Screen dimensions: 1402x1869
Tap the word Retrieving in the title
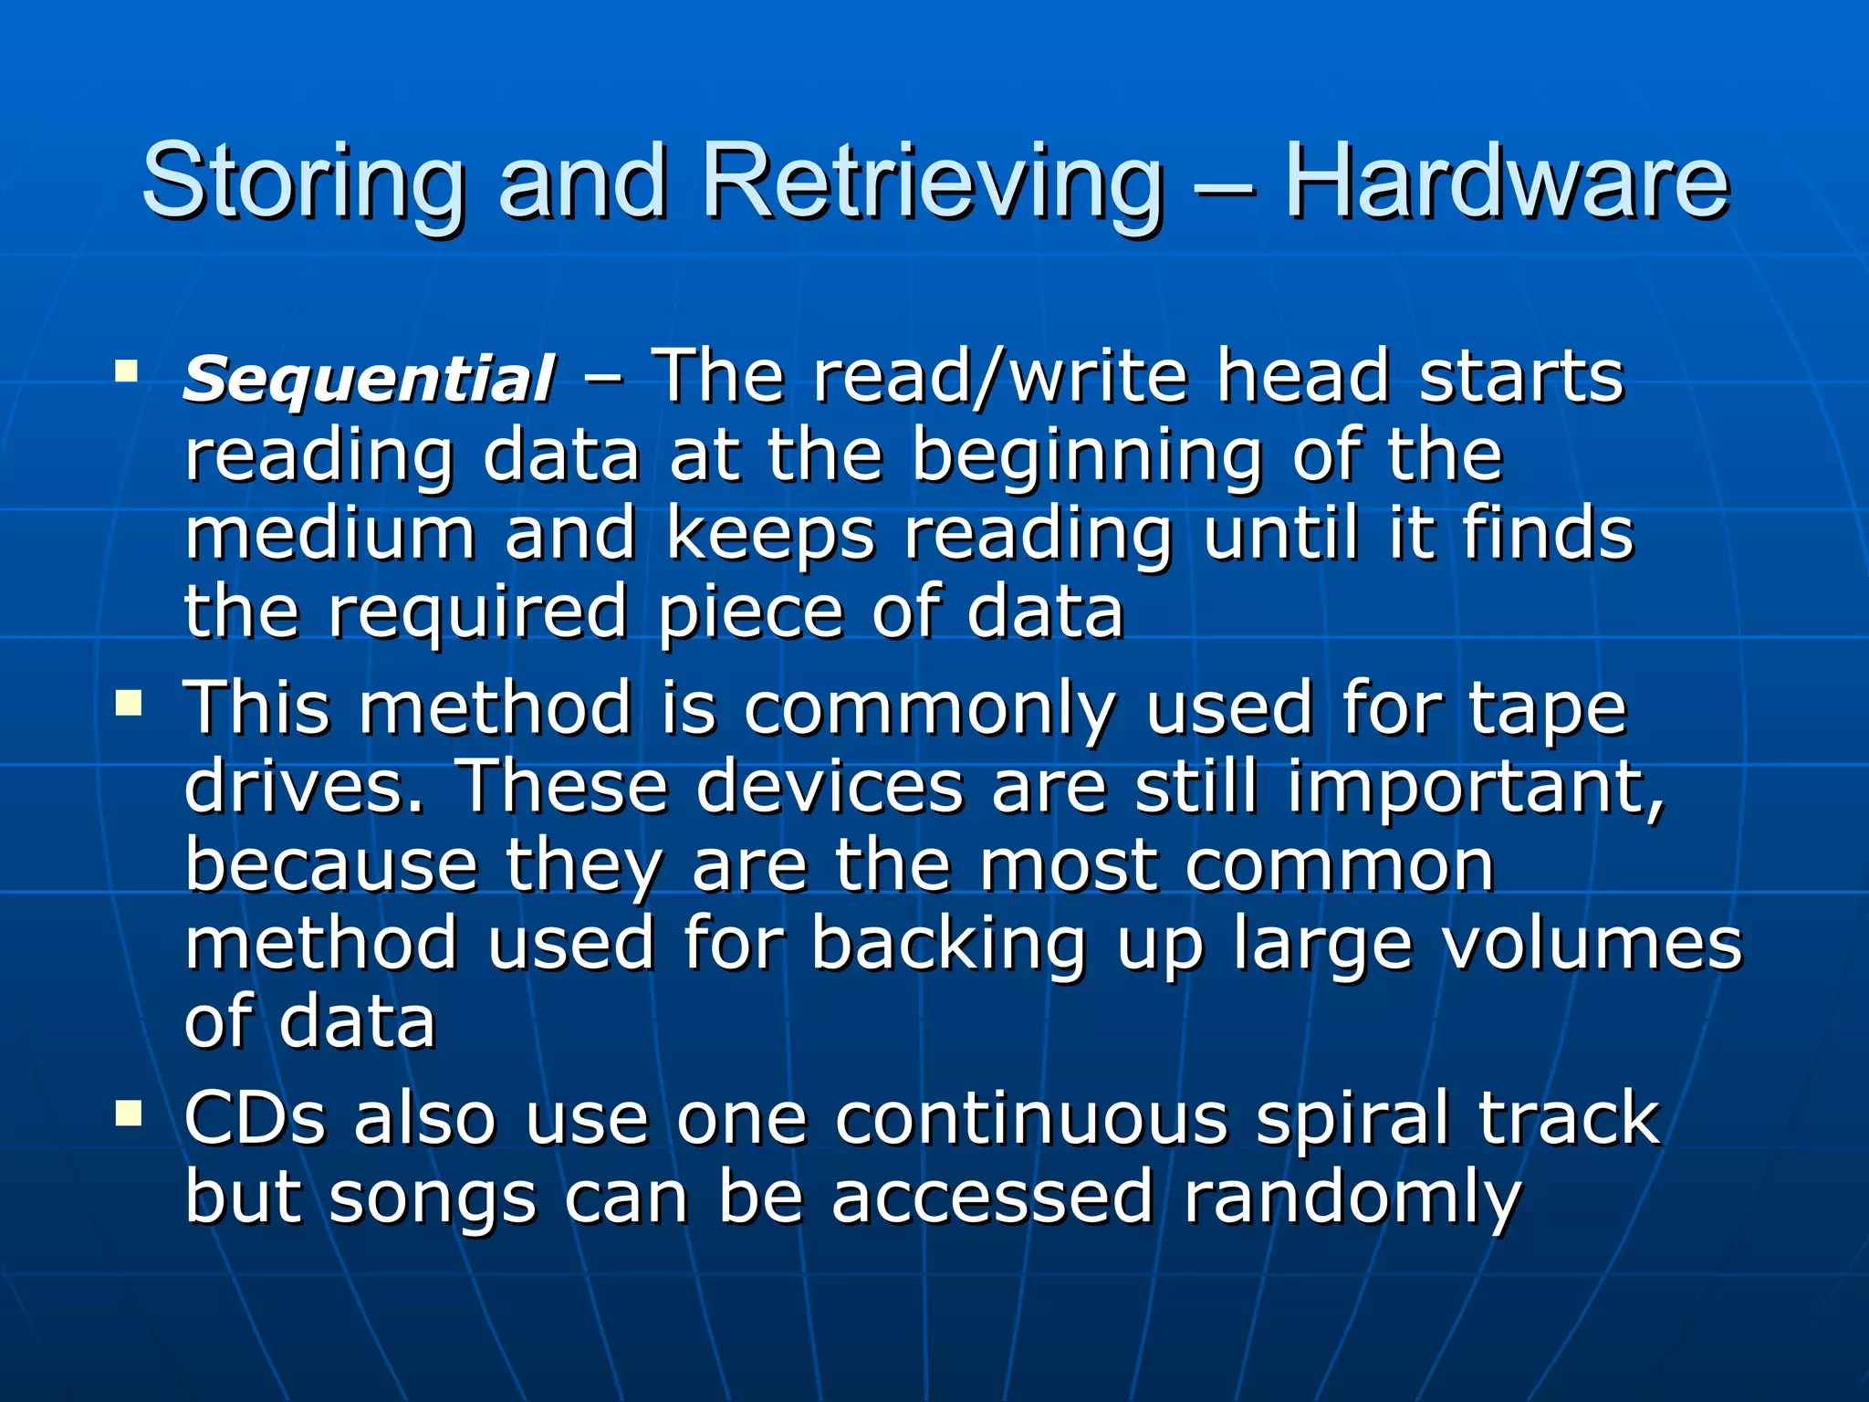point(931,183)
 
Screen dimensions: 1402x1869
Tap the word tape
point(1548,710)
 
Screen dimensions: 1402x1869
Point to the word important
point(1475,788)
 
